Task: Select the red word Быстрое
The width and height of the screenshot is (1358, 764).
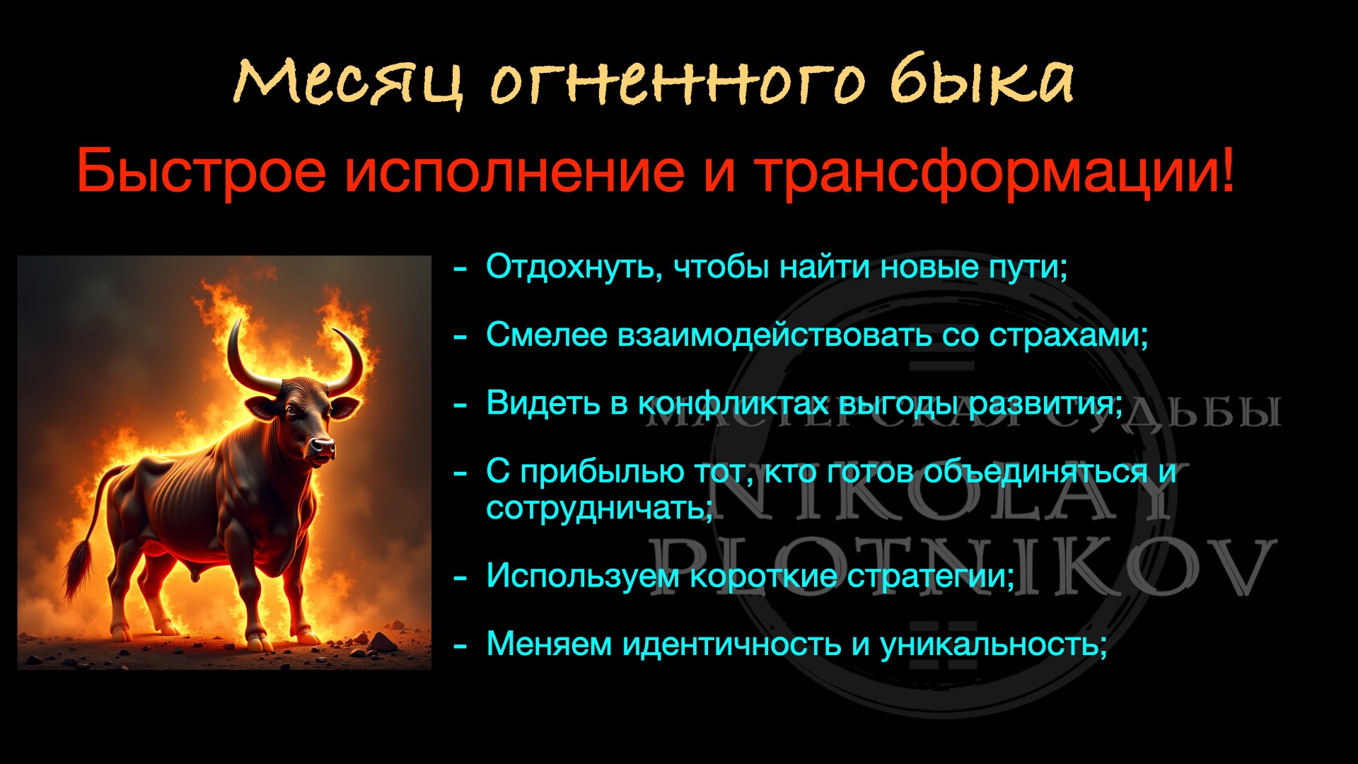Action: pyautogui.click(x=202, y=172)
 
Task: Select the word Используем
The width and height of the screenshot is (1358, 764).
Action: pyautogui.click(x=582, y=576)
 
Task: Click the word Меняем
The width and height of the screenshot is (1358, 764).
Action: pyautogui.click(x=549, y=644)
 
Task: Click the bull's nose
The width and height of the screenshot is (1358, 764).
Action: pyautogui.click(x=323, y=447)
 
